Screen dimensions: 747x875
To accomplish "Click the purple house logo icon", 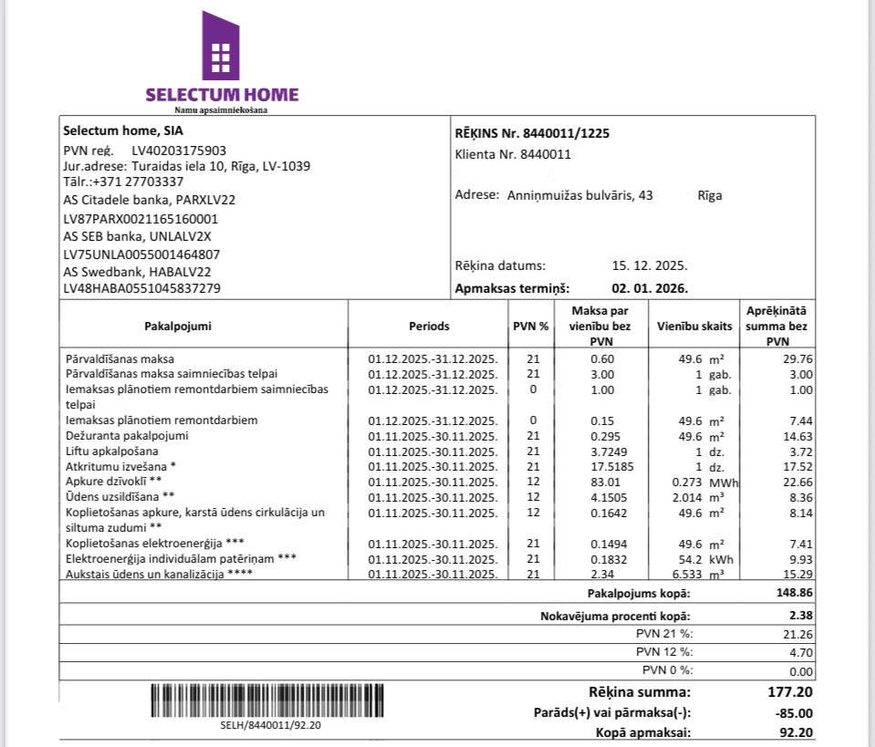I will click(x=220, y=46).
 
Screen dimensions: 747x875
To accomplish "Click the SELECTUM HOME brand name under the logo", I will click(x=222, y=94).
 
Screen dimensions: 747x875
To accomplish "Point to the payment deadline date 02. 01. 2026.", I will click(x=650, y=288).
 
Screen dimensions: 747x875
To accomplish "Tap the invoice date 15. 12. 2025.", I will click(x=650, y=266).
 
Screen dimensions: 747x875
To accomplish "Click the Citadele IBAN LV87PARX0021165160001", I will click(x=141, y=219).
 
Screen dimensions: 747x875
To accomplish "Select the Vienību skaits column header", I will click(x=693, y=326).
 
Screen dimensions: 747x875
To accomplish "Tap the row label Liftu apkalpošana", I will click(x=112, y=451).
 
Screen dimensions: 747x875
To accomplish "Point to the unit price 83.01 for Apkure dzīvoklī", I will click(x=602, y=482).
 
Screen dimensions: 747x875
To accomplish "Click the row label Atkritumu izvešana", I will click(x=121, y=467).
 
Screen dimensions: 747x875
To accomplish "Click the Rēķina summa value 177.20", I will click(x=790, y=693).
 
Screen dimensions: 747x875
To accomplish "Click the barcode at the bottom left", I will click(x=269, y=700).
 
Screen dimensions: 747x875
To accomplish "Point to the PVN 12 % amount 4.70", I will click(x=799, y=652).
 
